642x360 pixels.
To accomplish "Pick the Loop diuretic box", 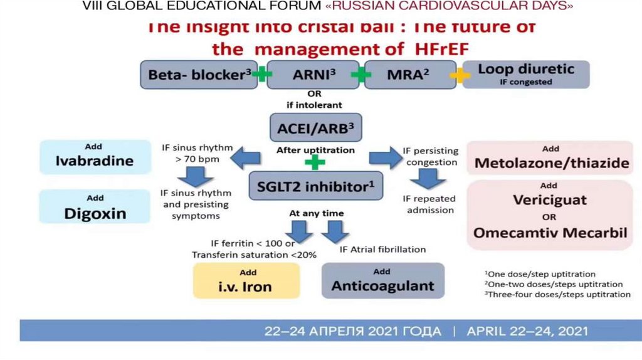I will click(x=526, y=74).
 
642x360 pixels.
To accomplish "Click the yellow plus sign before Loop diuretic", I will click(x=460, y=75).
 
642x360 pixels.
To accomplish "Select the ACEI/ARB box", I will click(x=316, y=129).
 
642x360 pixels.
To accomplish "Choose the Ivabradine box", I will click(x=94, y=157).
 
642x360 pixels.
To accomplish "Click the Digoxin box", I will click(x=95, y=208).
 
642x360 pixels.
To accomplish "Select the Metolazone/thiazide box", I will click(x=551, y=159).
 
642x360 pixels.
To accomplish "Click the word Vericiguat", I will click(x=549, y=200).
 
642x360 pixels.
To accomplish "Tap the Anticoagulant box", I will click(x=382, y=281).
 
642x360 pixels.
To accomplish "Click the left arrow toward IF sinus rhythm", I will click(x=245, y=159).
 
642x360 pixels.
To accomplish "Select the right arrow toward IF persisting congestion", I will click(x=384, y=159).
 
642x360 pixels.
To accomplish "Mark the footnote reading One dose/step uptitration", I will click(x=540, y=274).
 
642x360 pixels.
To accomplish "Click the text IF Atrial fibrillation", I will click(x=382, y=249).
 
